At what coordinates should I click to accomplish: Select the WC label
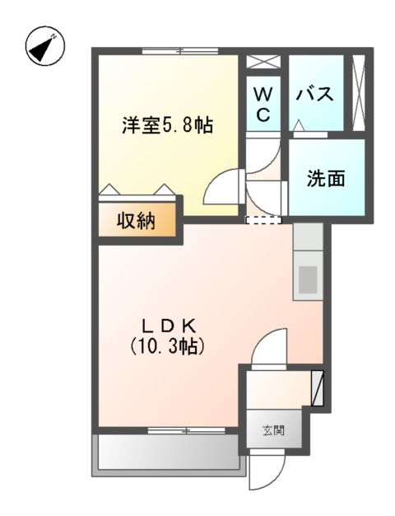[x=263, y=104]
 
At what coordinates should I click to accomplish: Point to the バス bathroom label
[x=315, y=94]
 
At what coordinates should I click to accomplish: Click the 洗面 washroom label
[x=326, y=178]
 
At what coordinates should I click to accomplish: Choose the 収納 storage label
[x=136, y=222]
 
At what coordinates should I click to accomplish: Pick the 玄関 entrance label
[x=273, y=430]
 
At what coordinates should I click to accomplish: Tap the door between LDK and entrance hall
[x=268, y=346]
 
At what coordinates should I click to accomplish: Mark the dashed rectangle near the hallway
[x=263, y=220]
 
